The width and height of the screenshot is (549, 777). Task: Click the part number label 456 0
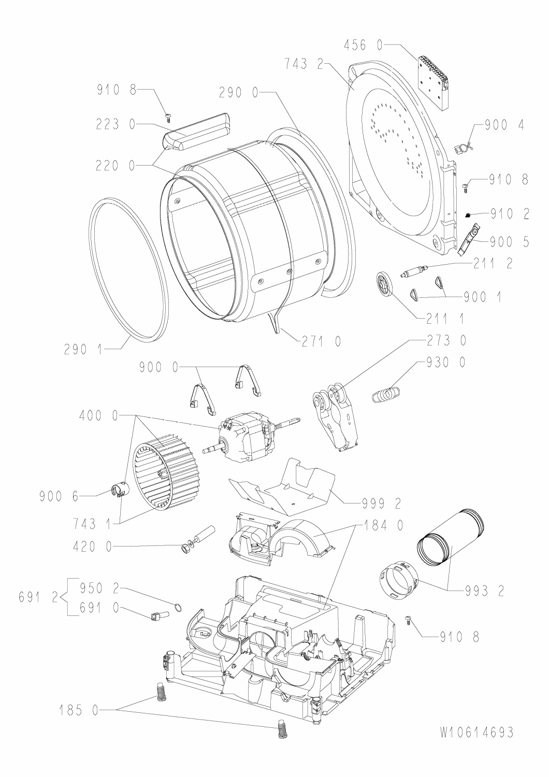[363, 46]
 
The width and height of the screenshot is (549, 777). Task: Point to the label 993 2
[476, 590]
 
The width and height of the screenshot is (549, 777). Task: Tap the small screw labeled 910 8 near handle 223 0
[167, 115]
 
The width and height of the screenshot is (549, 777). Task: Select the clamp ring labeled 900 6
[119, 489]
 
